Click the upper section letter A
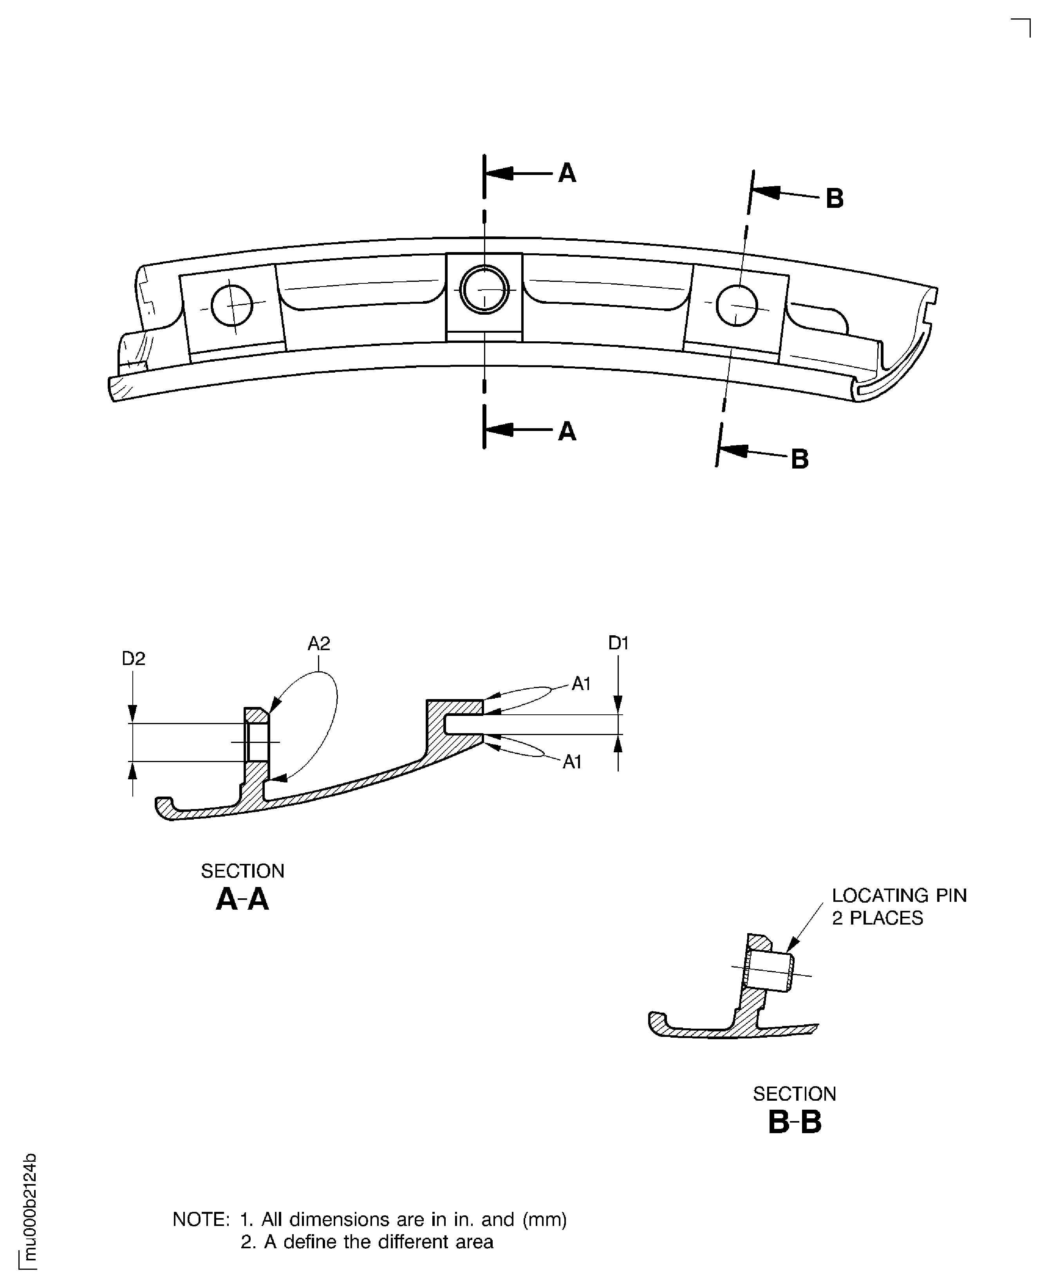pos(567,174)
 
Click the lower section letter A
pos(567,432)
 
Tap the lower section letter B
pos(799,459)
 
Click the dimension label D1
pos(618,644)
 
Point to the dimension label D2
pos(134,659)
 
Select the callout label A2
pos(319,644)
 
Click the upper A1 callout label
pos(581,684)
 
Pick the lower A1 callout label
pos(572,762)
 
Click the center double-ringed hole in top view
pos(484,290)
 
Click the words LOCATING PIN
pos(899,896)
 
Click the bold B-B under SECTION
pos(795,1123)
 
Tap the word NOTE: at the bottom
pos(201,1219)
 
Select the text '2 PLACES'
pos(877,918)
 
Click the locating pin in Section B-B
pos(770,972)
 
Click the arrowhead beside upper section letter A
pos(501,174)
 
